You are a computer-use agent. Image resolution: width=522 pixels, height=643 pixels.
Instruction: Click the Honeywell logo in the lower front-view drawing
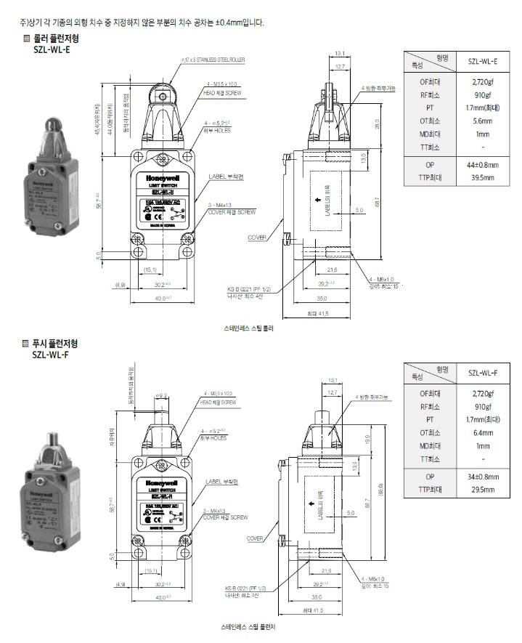(162, 480)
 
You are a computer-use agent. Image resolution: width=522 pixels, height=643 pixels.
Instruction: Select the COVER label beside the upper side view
(257, 238)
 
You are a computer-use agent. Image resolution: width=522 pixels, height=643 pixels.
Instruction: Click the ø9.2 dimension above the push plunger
(162, 395)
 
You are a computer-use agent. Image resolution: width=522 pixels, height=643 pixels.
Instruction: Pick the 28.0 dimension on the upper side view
(378, 124)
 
